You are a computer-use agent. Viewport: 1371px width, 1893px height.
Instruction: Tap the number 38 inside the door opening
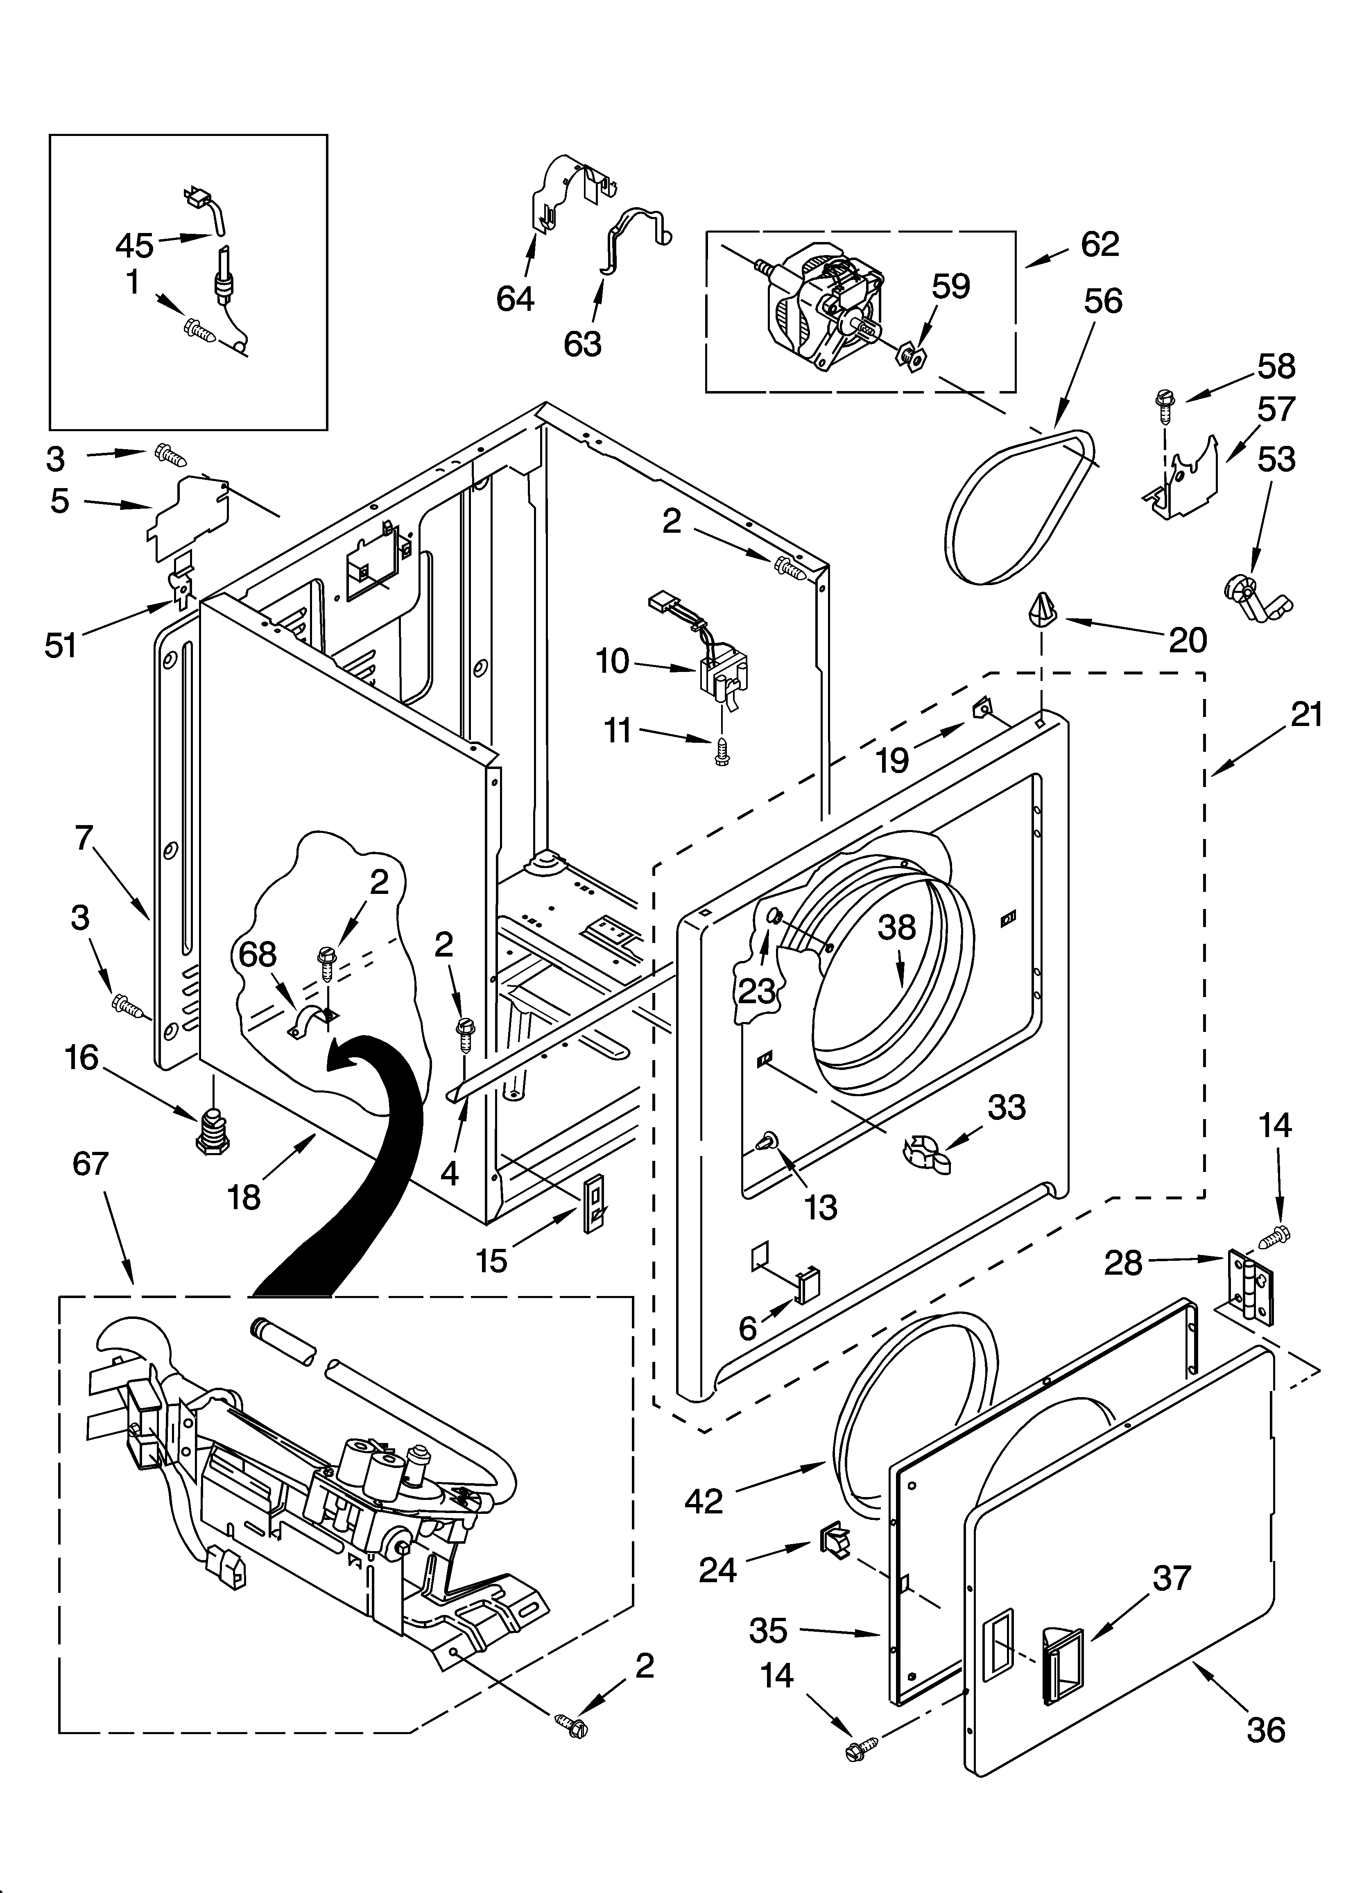(897, 927)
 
